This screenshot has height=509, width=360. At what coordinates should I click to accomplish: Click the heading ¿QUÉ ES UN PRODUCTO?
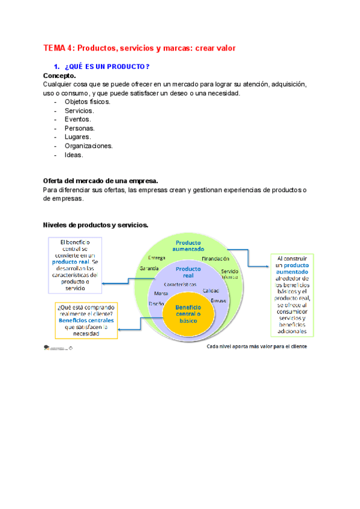(x=106, y=66)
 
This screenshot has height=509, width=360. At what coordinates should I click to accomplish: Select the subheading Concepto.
(x=59, y=76)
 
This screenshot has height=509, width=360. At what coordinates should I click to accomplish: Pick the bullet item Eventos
(x=78, y=119)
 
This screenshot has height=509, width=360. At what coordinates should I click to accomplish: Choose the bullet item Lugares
(x=78, y=137)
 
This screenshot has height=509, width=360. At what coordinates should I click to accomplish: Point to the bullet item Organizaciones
(x=89, y=146)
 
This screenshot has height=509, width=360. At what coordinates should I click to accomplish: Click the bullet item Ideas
(x=74, y=154)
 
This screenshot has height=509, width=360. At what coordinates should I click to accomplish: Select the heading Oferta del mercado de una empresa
(x=100, y=181)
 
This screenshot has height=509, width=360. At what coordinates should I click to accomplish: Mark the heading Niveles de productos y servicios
(x=96, y=225)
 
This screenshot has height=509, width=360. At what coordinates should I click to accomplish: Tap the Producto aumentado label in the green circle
(x=188, y=245)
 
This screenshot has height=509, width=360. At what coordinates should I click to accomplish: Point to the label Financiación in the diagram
(x=215, y=259)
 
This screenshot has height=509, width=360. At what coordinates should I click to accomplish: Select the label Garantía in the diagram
(x=149, y=268)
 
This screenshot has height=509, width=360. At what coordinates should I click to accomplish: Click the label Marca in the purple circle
(x=161, y=294)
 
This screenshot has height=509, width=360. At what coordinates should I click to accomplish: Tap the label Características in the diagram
(x=180, y=283)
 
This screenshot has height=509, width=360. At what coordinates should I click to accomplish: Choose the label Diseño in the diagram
(x=157, y=304)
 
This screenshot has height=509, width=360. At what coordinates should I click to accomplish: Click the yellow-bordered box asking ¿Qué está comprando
(x=83, y=320)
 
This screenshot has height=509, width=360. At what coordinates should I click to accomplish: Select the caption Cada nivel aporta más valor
(x=256, y=346)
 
